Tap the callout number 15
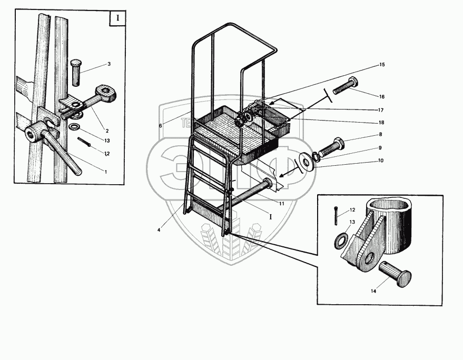(381, 64)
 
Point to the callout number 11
(282, 203)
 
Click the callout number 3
(109, 64)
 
